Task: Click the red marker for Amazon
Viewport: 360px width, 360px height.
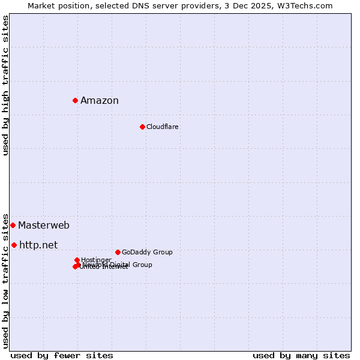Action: tap(75, 100)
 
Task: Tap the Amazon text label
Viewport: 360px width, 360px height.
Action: tap(100, 100)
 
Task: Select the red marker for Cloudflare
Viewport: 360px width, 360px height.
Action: tap(142, 127)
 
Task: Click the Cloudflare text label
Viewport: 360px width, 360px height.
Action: tap(162, 127)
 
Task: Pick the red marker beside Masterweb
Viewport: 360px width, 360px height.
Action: tap(13, 225)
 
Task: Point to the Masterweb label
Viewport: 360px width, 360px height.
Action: tap(43, 226)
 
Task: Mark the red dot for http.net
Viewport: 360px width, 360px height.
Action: tap(14, 245)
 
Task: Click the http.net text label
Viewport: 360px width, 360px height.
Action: tap(38, 245)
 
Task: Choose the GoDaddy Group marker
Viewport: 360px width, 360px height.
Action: tap(118, 252)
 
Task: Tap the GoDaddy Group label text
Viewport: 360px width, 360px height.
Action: tap(147, 252)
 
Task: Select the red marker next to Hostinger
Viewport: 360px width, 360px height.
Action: tap(77, 260)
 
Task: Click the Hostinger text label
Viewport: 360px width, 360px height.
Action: tap(96, 260)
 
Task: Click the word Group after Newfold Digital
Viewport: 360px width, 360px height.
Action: tap(142, 265)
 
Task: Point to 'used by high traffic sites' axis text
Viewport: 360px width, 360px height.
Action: tap(5, 85)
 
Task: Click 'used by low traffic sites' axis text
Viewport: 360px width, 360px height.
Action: tap(5, 280)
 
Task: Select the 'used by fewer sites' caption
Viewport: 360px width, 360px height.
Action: tap(62, 355)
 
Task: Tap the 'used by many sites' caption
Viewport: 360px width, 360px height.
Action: tap(301, 355)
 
